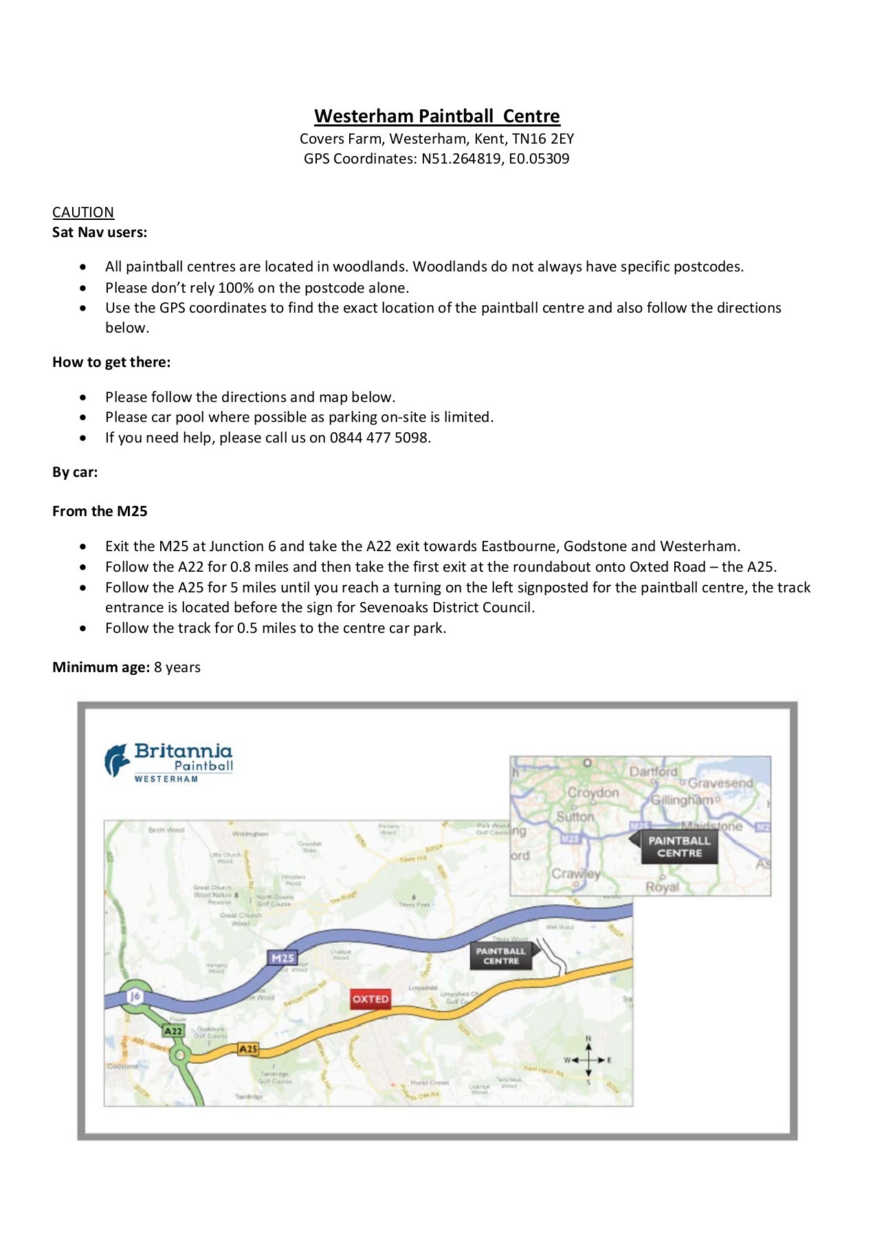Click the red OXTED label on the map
point(370,999)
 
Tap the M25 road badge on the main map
point(283,957)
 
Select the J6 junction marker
point(135,996)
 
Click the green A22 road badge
point(173,1031)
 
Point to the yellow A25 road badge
point(248,1049)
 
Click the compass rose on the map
point(588,1060)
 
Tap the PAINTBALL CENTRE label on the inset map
point(679,847)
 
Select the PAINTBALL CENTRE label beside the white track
point(501,956)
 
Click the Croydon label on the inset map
point(593,792)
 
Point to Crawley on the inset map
point(576,873)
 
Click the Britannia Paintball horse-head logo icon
point(117,760)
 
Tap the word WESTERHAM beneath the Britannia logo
point(166,779)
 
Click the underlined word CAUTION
point(83,212)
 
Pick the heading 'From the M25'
point(100,511)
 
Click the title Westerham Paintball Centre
point(437,115)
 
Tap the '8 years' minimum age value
point(177,667)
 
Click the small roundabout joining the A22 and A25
point(180,1055)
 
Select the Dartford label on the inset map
point(653,771)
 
